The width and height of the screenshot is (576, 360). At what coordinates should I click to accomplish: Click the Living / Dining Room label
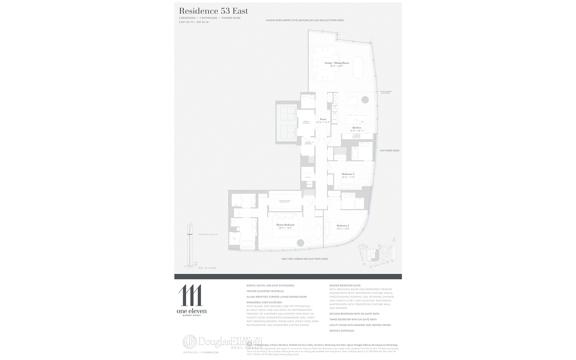[x=337, y=63]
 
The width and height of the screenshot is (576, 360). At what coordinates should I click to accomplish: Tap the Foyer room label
[x=323, y=119]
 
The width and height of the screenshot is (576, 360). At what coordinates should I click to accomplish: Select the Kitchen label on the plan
[x=357, y=128]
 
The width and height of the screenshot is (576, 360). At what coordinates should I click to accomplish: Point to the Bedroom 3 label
[x=348, y=174]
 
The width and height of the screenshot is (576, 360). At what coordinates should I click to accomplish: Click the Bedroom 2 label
[x=343, y=226]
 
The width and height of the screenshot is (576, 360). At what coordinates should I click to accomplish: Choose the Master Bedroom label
[x=285, y=225]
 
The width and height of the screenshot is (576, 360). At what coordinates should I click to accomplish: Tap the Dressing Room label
[x=284, y=201]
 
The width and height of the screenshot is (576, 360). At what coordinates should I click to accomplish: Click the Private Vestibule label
[x=306, y=122]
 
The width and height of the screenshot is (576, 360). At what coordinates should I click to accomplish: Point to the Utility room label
[x=308, y=177]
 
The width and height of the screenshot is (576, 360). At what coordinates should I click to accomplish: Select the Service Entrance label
[x=308, y=143]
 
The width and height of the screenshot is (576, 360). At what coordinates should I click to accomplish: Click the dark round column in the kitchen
[x=365, y=100]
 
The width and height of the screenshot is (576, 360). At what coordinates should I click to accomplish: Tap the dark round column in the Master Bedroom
[x=301, y=243]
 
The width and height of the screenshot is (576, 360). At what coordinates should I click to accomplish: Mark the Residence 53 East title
[x=213, y=11]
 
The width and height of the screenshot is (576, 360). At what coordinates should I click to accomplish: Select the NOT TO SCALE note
[x=207, y=268]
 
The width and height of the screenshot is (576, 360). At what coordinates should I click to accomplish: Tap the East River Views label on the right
[x=390, y=151]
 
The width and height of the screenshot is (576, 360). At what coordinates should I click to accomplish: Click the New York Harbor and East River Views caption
[x=304, y=259]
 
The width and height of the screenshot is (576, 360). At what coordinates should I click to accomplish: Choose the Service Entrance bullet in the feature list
[x=342, y=331]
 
